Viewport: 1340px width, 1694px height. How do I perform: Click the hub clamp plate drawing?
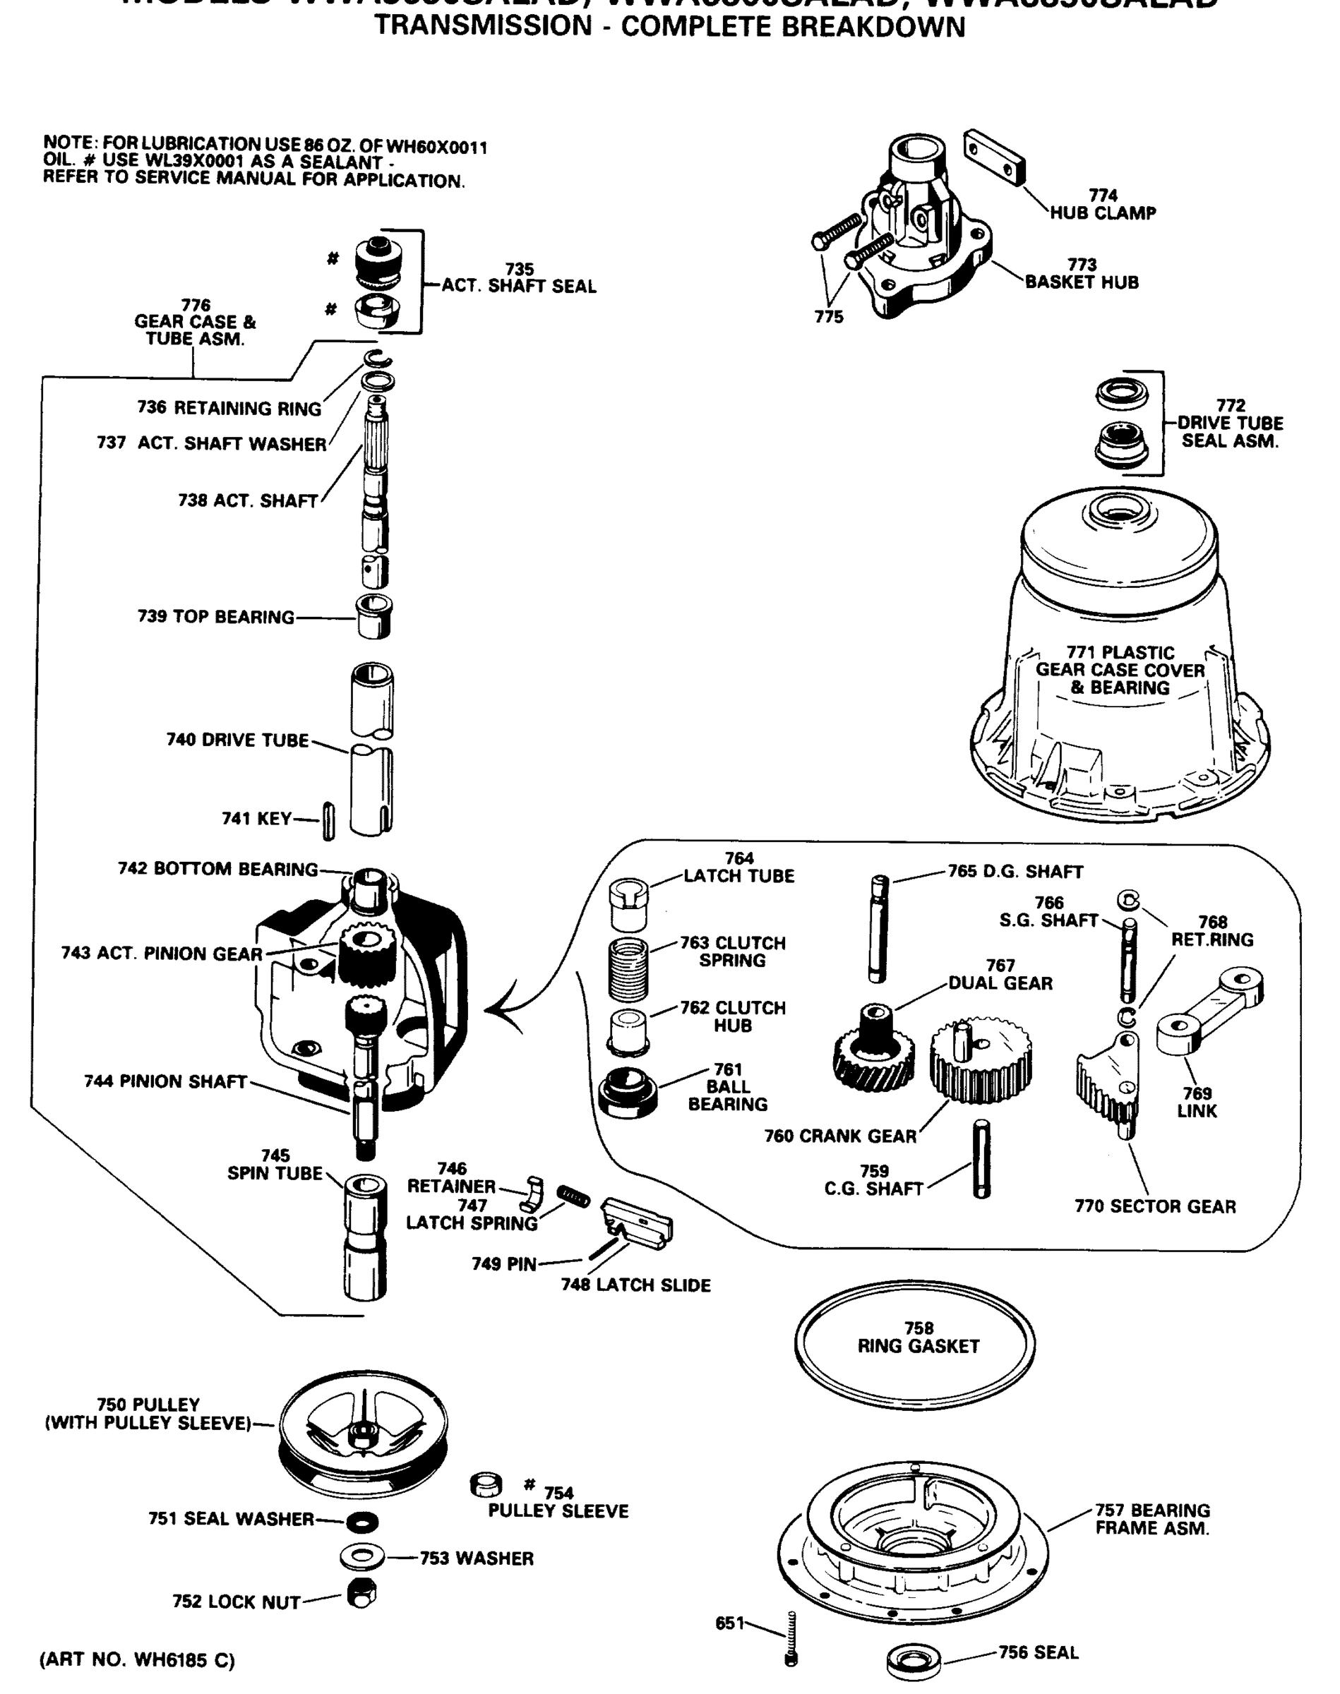[994, 157]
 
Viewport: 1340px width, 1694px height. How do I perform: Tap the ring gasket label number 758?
[919, 1328]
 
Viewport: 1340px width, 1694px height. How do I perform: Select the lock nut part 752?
[361, 1594]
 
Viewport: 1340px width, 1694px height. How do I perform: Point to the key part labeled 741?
[329, 821]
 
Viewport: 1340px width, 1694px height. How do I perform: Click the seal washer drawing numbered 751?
[361, 1522]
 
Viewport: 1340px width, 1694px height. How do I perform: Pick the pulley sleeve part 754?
[486, 1484]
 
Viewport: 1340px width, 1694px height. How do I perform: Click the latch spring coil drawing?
[573, 1196]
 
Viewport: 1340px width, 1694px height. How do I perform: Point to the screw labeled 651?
[791, 1639]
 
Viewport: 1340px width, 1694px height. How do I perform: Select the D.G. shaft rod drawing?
[878, 929]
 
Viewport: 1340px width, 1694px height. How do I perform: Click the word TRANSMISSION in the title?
[482, 27]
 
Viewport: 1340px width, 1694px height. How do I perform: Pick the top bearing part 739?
[374, 616]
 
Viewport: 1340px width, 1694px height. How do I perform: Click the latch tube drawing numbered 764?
[628, 903]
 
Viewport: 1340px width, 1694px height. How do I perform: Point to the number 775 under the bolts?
[828, 317]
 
